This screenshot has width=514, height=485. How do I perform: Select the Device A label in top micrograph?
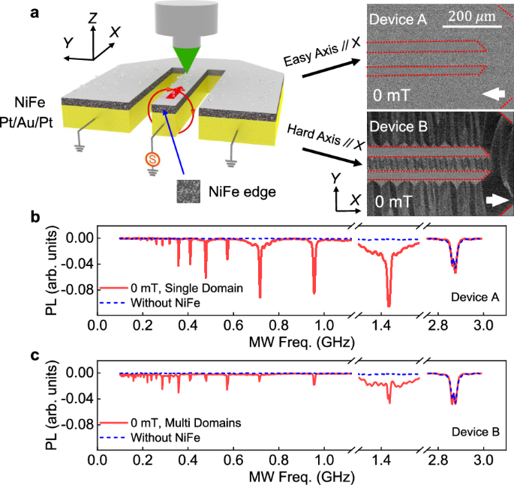point(397,21)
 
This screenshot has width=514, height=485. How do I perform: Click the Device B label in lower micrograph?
point(397,127)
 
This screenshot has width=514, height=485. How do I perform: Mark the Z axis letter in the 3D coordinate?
point(91,16)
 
